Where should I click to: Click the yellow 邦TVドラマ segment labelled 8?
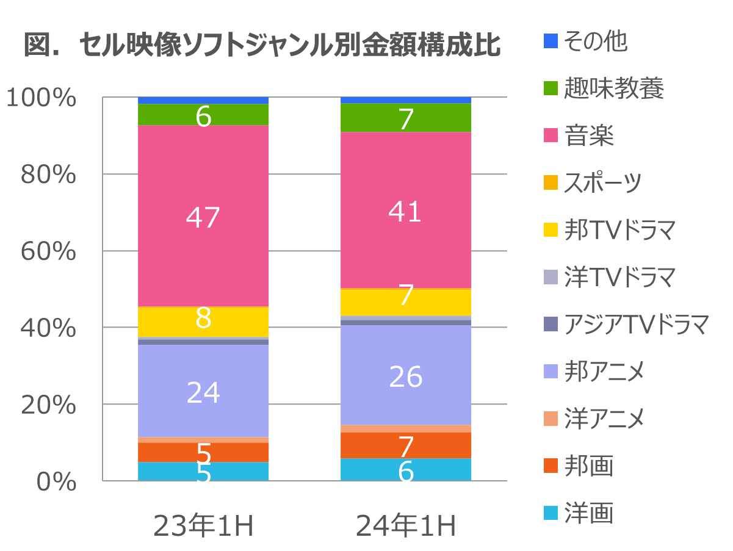click(x=203, y=321)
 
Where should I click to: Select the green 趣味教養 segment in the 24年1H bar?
click(x=406, y=117)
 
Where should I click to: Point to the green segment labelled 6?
click(x=203, y=115)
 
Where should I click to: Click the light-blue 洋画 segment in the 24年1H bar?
click(x=406, y=470)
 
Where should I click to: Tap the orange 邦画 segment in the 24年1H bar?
click(x=406, y=445)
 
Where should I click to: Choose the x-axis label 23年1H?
click(x=203, y=526)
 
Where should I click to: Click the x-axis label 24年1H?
click(x=406, y=526)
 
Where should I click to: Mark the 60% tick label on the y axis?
click(x=48, y=251)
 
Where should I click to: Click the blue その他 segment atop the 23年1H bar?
click(x=203, y=100)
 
